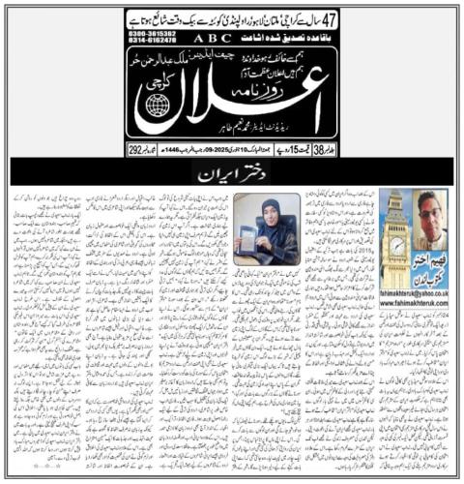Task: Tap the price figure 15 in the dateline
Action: point(294,150)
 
